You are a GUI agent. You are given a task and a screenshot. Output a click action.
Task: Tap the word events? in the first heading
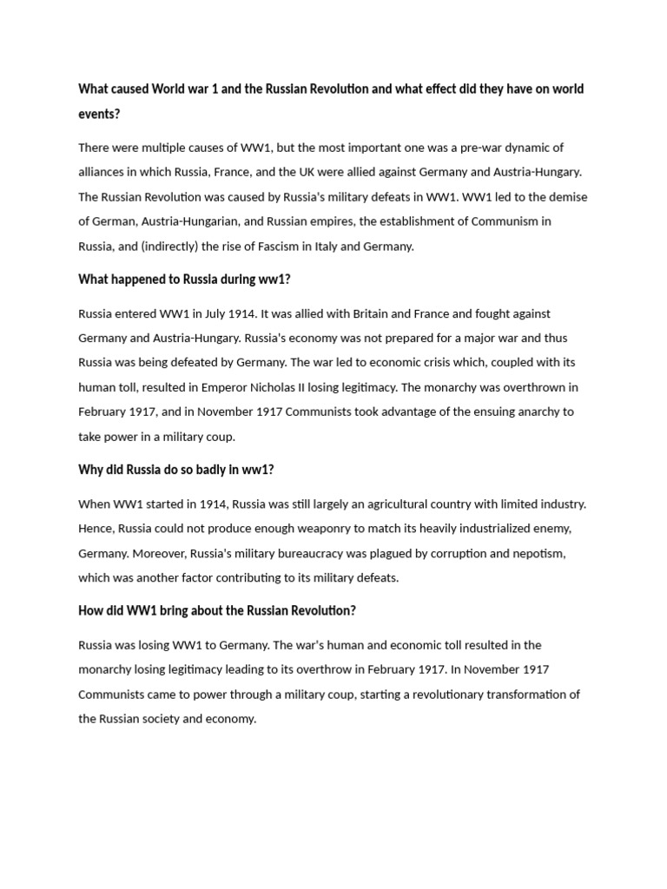99,114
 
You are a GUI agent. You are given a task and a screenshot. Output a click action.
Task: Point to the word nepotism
540,553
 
